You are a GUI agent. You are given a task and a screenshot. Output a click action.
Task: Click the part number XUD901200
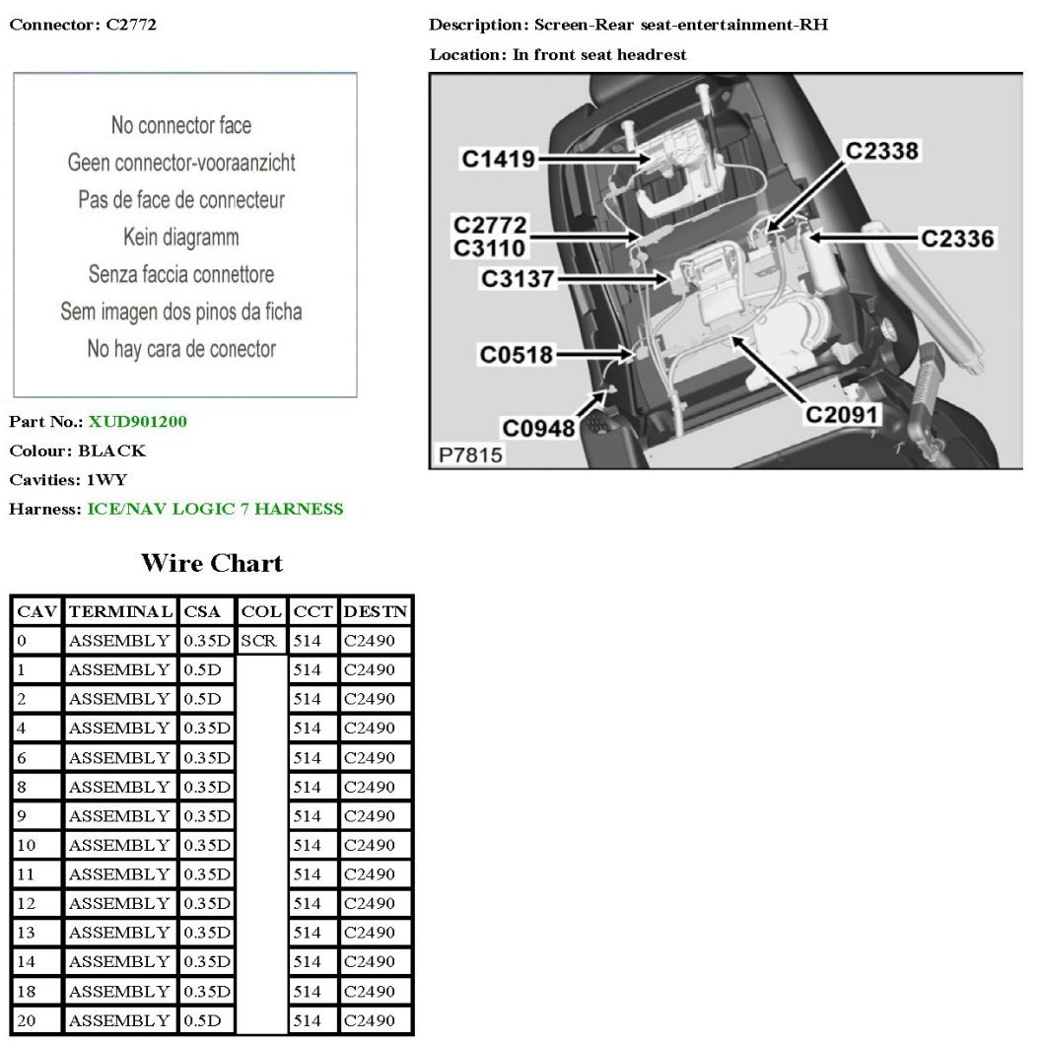pyautogui.click(x=137, y=422)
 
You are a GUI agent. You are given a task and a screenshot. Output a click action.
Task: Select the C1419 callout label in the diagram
pyautogui.click(x=498, y=159)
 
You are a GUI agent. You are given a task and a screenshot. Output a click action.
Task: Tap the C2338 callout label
pyautogui.click(x=881, y=150)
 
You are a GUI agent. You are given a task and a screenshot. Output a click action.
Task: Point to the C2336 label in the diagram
pyautogui.click(x=957, y=238)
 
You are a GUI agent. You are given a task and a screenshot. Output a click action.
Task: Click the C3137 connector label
pyautogui.click(x=517, y=279)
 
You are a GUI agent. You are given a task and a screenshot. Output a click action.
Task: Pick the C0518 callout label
pyautogui.click(x=517, y=354)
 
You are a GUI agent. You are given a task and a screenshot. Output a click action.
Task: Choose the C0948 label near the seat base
pyautogui.click(x=538, y=428)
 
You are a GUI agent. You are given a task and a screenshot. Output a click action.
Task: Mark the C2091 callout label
pyautogui.click(x=841, y=414)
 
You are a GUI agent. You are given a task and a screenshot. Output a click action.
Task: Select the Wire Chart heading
pyautogui.click(x=212, y=564)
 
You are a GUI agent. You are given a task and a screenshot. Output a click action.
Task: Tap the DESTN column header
pyautogui.click(x=376, y=611)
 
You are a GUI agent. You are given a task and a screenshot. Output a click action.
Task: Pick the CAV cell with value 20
pyautogui.click(x=27, y=1020)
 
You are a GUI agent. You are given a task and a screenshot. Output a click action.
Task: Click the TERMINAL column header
pyautogui.click(x=121, y=611)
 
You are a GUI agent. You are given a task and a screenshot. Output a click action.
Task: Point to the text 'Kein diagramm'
pyautogui.click(x=181, y=237)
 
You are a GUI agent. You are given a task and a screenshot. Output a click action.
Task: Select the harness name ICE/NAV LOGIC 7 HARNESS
pyautogui.click(x=215, y=509)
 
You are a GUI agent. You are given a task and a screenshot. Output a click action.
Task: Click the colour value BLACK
pyautogui.click(x=111, y=451)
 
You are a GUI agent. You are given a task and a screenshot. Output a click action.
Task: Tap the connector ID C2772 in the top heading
pyautogui.click(x=130, y=25)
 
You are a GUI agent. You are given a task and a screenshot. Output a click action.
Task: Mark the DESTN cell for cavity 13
pyautogui.click(x=369, y=933)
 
